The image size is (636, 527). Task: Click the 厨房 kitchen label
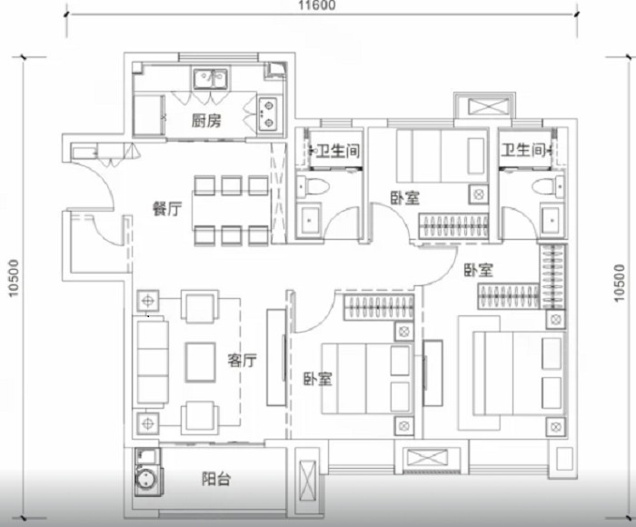tap(206, 121)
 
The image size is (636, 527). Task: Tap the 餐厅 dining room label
tap(167, 209)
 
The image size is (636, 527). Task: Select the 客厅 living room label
tap(243, 360)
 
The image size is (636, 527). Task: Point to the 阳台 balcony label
tap(216, 479)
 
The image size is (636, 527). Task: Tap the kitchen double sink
tap(210, 78)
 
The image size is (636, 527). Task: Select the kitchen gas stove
tap(268, 114)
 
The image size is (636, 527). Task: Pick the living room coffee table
tap(201, 363)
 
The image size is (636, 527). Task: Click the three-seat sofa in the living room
tap(153, 362)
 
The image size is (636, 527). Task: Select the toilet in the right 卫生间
tap(548, 187)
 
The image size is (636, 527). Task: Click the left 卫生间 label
tap(337, 151)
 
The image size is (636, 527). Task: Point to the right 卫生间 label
tap(522, 150)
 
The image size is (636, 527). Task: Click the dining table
tap(231, 210)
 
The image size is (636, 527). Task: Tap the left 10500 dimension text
tap(14, 278)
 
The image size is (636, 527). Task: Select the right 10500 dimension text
tap(619, 283)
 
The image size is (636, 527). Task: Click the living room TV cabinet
tap(276, 357)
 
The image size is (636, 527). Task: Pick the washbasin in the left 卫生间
tap(309, 220)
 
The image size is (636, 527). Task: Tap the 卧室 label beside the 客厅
tap(318, 379)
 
